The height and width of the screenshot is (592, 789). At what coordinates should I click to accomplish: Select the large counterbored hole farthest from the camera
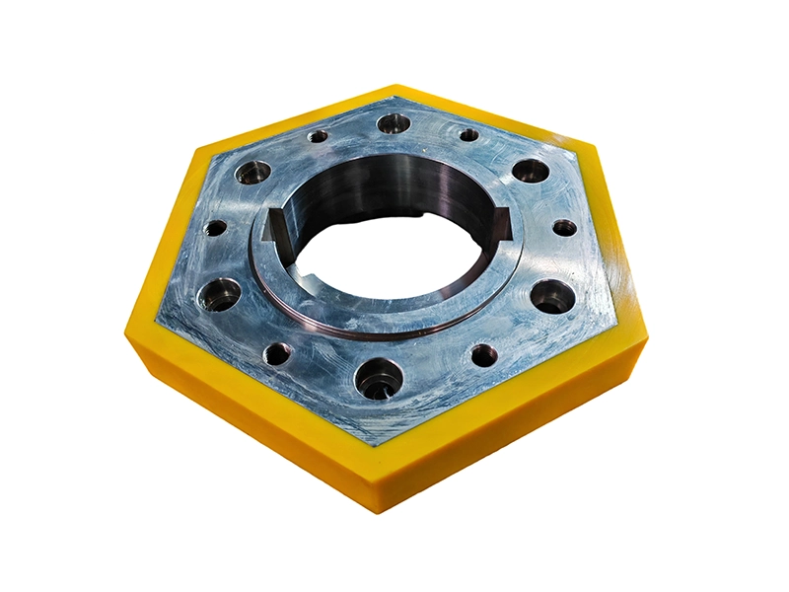tap(394, 124)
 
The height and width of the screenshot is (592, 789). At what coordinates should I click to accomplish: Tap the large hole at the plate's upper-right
tap(531, 171)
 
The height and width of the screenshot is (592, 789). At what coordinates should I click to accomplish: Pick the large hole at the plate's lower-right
tap(552, 295)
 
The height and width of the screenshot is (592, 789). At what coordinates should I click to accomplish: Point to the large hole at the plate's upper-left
tap(252, 174)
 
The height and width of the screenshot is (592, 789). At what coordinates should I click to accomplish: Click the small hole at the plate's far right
tap(564, 228)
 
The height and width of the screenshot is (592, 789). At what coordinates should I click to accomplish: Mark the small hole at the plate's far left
tap(215, 228)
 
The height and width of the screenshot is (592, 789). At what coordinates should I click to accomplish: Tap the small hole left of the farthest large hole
tap(318, 136)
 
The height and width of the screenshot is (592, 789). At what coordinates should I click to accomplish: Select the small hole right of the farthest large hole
tap(468, 135)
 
